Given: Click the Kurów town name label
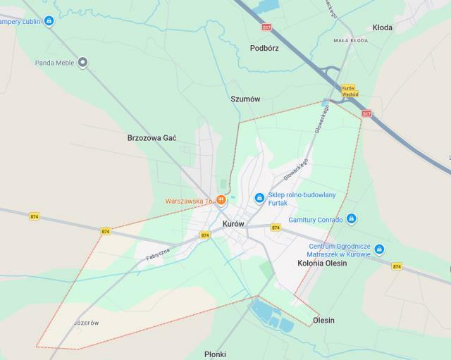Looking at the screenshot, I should pos(233,223).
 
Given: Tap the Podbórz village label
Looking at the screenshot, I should pos(264,49).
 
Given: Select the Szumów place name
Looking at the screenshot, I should pos(245,99).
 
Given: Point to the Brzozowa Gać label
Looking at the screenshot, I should pos(152,137).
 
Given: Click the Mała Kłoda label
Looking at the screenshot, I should pos(352,41).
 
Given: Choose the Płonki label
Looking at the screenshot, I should pos(214,354).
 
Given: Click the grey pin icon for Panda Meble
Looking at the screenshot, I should pos(82,63).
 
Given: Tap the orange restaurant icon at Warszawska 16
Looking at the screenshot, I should pos(221,200).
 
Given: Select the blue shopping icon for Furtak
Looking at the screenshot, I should pos(259,198).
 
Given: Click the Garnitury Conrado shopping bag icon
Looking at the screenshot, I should pos(352,219).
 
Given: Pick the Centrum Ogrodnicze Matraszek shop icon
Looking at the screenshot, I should pos(380,249).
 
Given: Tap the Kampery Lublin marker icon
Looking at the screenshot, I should pos(49,21).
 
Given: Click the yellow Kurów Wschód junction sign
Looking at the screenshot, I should pos(350,91).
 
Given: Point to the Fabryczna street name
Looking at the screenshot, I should pos(159,252).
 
